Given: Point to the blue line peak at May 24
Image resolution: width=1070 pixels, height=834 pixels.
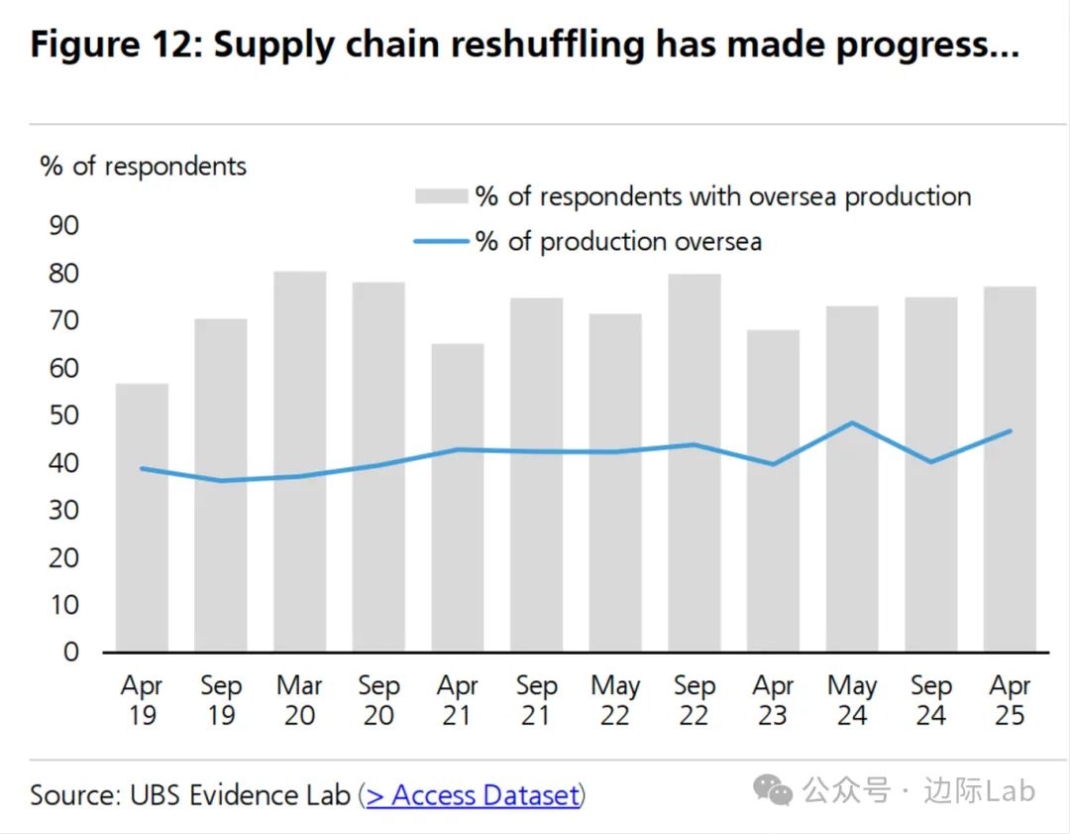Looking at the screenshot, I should pyautogui.click(x=852, y=422).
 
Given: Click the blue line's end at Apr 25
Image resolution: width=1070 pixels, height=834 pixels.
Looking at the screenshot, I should pyautogui.click(x=1010, y=430).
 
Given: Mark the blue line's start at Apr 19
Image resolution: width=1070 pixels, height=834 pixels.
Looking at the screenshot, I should pyautogui.click(x=142, y=468).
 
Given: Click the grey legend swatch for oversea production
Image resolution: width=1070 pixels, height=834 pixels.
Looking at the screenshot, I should pyautogui.click(x=440, y=196).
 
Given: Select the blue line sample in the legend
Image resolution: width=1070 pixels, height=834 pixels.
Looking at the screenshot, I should pyautogui.click(x=440, y=241).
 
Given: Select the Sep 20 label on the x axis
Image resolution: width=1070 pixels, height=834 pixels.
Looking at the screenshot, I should pyautogui.click(x=378, y=700).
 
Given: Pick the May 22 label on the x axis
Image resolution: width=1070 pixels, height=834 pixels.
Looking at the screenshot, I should pyautogui.click(x=615, y=700).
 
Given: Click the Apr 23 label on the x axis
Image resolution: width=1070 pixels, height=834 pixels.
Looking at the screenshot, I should pyautogui.click(x=773, y=700).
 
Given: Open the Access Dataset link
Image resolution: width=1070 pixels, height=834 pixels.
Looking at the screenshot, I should pyautogui.click(x=473, y=794).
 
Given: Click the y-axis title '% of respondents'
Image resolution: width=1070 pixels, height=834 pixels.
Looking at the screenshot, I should pyautogui.click(x=143, y=166).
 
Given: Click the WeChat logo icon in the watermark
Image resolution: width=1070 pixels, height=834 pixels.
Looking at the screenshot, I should pyautogui.click(x=773, y=790).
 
